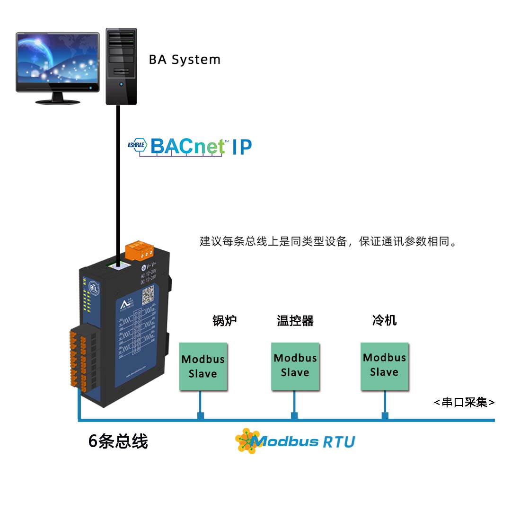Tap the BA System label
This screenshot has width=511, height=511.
[x=185, y=60]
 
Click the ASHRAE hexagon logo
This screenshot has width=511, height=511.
[x=137, y=146]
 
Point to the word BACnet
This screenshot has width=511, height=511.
[x=188, y=147]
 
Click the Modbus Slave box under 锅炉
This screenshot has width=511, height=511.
[x=203, y=367]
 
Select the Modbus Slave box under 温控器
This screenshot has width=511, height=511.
[x=295, y=366]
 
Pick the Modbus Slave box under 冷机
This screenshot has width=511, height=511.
[x=384, y=365]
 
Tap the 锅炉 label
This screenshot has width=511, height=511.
[x=224, y=321]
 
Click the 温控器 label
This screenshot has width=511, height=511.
[x=295, y=321]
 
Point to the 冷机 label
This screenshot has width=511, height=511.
[x=384, y=320]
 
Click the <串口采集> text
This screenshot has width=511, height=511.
[x=464, y=403]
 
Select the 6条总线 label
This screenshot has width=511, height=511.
[x=118, y=441]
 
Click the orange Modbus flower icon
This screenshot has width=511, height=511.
[x=247, y=441]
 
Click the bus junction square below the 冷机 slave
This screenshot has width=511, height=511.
[x=385, y=415]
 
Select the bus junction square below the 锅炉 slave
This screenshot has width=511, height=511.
[x=201, y=416]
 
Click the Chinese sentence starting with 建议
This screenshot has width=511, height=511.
[x=329, y=242]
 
